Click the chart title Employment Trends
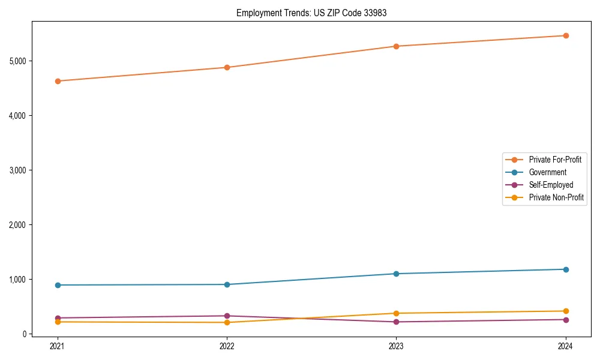(307, 13)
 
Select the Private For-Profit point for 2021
(58, 81)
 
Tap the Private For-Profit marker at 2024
(566, 35)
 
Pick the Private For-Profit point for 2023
(397, 46)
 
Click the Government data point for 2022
(227, 284)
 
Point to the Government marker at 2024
(566, 269)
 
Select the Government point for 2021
(58, 285)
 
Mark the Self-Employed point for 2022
(227, 316)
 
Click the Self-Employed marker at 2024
(566, 319)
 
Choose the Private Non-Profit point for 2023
(397, 313)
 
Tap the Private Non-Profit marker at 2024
(566, 311)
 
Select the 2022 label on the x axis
(227, 346)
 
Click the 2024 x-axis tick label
(566, 346)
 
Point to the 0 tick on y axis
(25, 334)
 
